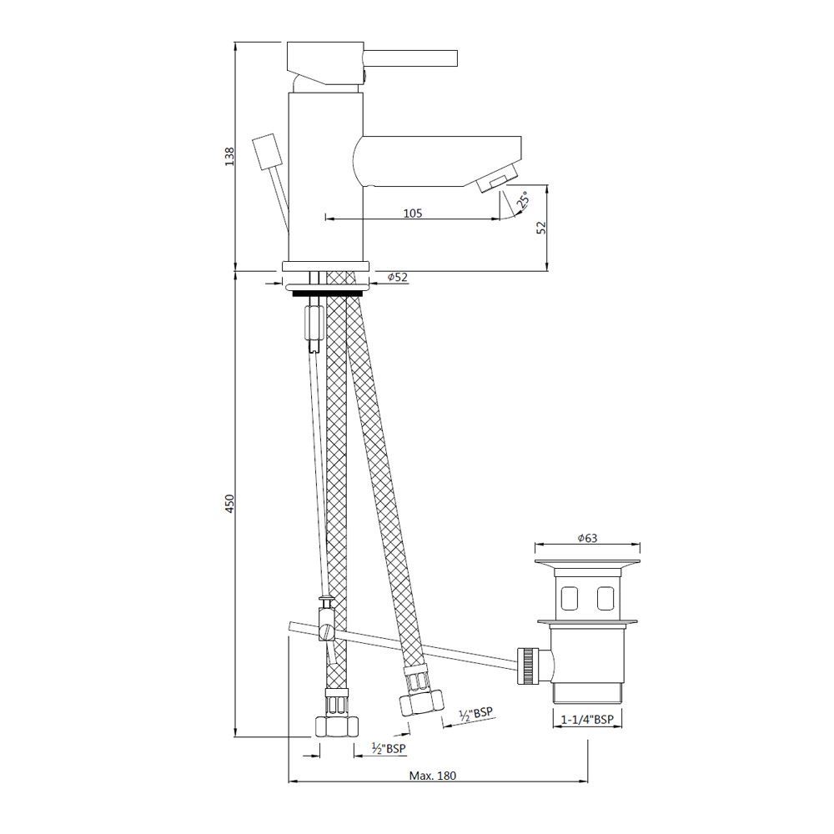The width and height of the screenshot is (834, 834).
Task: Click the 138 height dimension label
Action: tap(229, 157)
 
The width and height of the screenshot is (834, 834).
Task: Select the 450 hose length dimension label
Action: tap(229, 504)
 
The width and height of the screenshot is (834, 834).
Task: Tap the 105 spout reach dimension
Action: tap(413, 214)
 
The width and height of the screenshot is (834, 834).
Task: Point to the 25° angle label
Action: tap(522, 199)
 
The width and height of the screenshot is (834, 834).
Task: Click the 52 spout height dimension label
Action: tap(541, 228)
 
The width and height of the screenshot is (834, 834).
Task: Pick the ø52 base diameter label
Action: tap(398, 277)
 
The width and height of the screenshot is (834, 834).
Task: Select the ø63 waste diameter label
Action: tap(588, 538)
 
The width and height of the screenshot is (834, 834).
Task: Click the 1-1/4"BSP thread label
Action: tap(587, 720)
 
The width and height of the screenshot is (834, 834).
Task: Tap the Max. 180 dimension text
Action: tap(432, 776)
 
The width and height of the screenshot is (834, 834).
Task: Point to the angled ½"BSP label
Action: tap(476, 714)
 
